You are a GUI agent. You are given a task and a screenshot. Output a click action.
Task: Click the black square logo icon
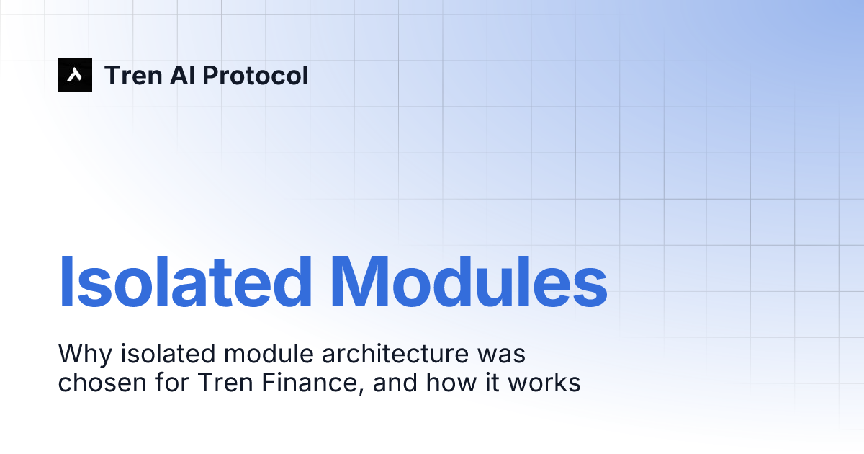pos(75,75)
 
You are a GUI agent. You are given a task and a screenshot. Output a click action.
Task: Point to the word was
pos(504,354)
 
